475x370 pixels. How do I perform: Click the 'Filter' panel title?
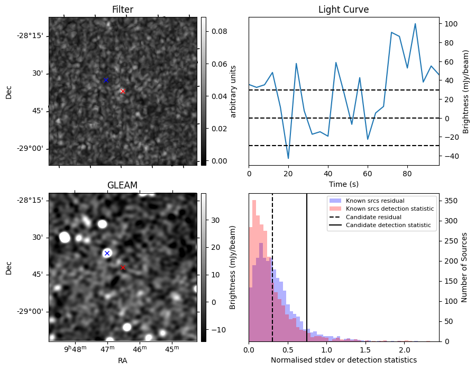point(123,10)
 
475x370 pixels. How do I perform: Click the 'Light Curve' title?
point(343,10)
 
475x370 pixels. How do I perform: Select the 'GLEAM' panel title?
point(123,185)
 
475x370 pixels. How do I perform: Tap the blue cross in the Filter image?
point(106,80)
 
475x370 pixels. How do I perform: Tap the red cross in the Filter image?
point(123,91)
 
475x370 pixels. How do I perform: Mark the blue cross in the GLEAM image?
point(107,253)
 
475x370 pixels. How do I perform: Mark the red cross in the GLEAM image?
point(123,268)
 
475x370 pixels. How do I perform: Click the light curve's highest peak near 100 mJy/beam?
point(415,24)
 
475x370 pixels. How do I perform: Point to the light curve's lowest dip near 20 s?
point(288,158)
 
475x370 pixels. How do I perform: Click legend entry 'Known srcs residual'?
point(375,201)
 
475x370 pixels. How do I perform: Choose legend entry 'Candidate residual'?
point(373,218)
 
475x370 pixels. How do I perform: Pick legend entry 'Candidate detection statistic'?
point(388,225)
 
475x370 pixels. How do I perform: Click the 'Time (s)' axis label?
point(343,183)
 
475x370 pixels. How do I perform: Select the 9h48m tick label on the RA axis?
point(76,349)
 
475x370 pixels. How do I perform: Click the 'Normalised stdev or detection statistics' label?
point(343,360)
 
